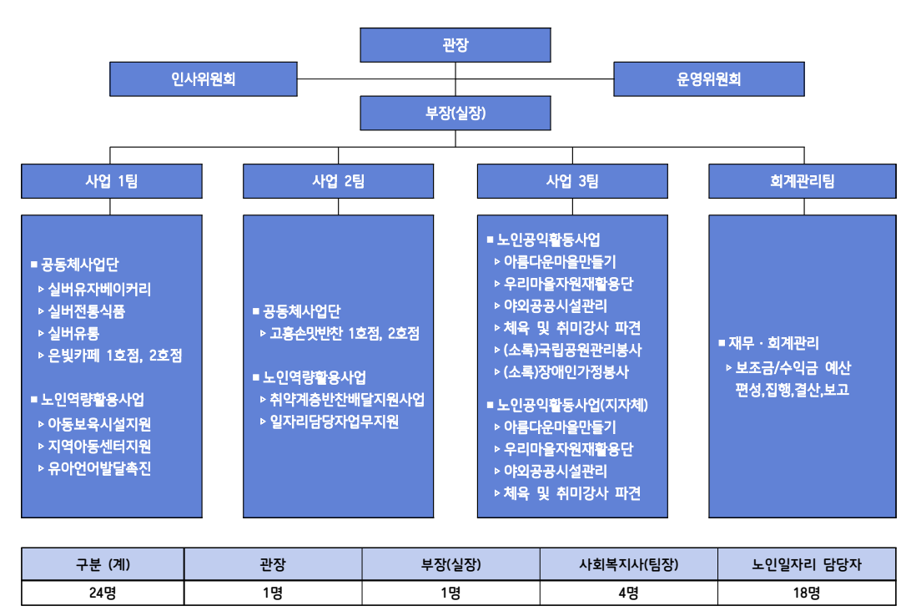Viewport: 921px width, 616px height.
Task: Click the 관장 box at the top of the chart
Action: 455,44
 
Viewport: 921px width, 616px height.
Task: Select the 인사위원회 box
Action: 204,79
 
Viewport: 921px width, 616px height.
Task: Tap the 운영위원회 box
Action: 709,79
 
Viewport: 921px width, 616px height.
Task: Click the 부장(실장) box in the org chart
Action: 455,113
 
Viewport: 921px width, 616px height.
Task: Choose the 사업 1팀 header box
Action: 111,181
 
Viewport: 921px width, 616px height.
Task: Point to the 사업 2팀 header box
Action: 338,181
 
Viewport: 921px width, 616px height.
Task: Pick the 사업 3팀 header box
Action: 572,181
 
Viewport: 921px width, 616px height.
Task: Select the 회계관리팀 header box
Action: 803,181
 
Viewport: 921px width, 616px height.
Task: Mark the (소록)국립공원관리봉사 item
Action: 573,350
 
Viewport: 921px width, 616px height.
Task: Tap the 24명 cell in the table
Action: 103,593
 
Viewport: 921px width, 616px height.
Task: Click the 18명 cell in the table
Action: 806,593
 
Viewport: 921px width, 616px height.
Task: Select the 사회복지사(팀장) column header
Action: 628,564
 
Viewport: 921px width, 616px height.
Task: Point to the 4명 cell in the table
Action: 628,593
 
